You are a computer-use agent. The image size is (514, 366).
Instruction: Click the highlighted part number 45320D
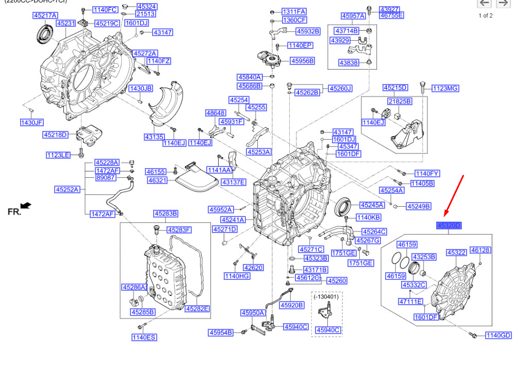[449, 225]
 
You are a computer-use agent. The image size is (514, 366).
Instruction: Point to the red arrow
[454, 195]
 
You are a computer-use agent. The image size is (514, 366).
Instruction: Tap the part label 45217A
[45, 15]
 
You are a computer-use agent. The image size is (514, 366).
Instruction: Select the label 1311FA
[294, 11]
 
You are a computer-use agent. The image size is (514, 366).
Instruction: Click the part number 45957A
[353, 16]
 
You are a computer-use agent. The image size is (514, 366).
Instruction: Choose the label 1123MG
[445, 89]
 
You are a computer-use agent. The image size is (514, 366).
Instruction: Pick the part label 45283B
[165, 213]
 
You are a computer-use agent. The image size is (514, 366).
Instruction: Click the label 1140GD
[499, 336]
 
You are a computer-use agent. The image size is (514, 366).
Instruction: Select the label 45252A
[68, 190]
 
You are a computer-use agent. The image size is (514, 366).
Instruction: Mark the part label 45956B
[302, 61]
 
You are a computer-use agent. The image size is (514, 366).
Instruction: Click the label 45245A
[372, 205]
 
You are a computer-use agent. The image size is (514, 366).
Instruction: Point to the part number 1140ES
[144, 337]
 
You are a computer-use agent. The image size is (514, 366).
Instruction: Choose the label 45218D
[55, 135]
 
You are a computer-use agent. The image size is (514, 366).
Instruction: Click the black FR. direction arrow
[25, 206]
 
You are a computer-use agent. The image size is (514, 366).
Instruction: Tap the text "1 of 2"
[486, 15]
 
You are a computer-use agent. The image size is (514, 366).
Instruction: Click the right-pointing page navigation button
[503, 4]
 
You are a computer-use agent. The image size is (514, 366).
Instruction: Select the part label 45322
[456, 253]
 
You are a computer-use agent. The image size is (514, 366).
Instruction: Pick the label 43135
[154, 137]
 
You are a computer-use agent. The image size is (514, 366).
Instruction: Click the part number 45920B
[292, 305]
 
